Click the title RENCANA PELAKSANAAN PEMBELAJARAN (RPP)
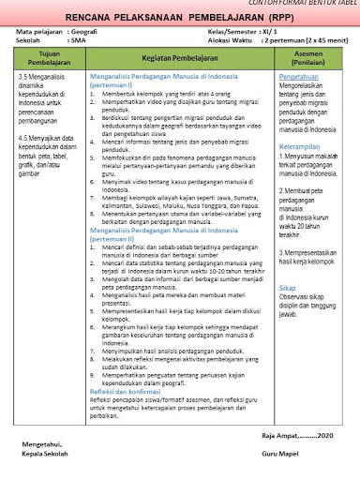(x=180, y=18)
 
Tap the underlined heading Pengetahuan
(x=299, y=77)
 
